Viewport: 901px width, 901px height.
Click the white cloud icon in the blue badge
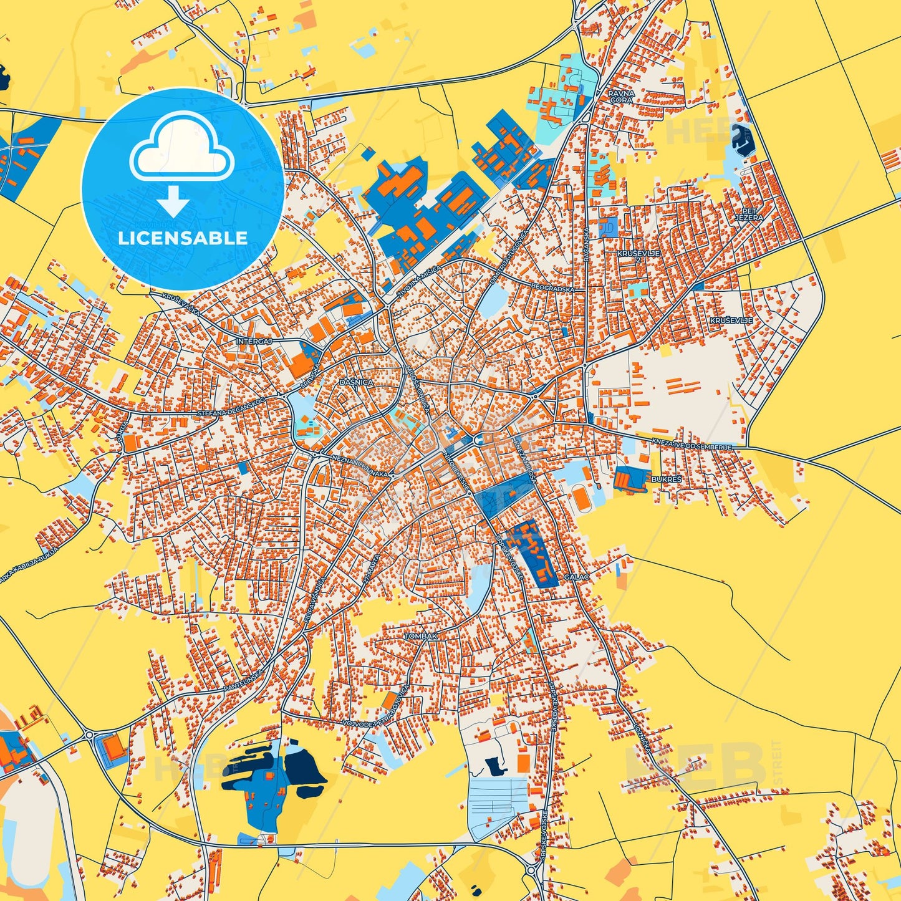pyautogui.click(x=181, y=147)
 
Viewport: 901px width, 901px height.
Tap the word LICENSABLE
pyautogui.click(x=183, y=238)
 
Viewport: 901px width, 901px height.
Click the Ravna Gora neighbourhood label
pyautogui.click(x=621, y=97)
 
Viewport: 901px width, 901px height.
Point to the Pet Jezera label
pyautogui.click(x=748, y=214)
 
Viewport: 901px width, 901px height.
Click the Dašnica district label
pyautogui.click(x=356, y=382)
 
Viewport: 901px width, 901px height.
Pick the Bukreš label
pyautogui.click(x=666, y=479)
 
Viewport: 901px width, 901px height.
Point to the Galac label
pyautogui.click(x=576, y=577)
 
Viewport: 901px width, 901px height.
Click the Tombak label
pyautogui.click(x=421, y=636)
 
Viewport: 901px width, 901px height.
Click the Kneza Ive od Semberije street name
pyautogui.click(x=691, y=443)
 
